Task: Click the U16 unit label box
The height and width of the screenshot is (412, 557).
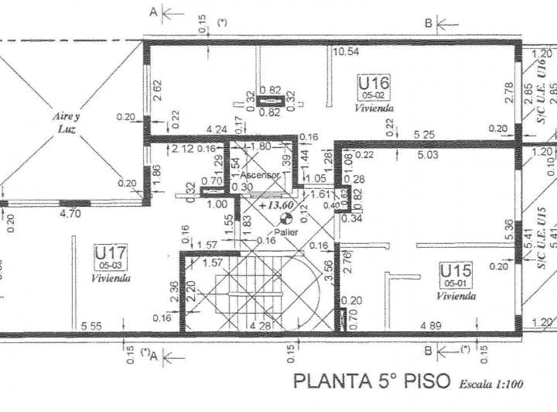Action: pos(374,87)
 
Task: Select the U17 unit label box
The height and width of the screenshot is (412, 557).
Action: pos(110,256)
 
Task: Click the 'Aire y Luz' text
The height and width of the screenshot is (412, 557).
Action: pos(67,122)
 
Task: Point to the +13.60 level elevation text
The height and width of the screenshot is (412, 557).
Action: pos(276,206)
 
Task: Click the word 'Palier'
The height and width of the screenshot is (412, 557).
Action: pos(285,232)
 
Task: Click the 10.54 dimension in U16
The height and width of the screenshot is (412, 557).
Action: pos(346,53)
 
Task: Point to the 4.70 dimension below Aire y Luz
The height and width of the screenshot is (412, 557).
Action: pos(70,213)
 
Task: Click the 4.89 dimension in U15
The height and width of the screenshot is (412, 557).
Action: pos(432,327)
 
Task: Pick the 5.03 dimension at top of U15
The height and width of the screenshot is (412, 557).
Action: pos(426,156)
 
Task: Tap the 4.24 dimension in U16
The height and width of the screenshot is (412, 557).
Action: pos(196,129)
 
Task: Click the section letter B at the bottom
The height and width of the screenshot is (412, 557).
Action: pos(428,351)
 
